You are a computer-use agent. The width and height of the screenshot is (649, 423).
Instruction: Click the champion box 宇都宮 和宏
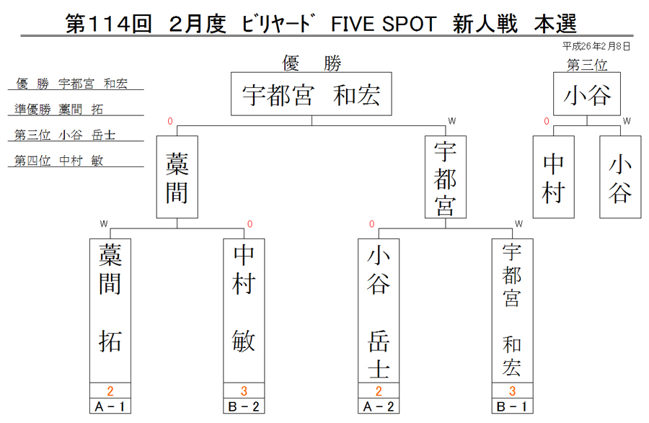click(312, 94)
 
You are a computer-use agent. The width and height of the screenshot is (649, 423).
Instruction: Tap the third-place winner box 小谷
click(587, 94)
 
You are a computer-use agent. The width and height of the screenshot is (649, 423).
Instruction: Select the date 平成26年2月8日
click(596, 46)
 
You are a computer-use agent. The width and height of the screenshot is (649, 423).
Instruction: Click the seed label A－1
click(110, 406)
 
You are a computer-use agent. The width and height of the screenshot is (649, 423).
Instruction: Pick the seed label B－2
click(244, 406)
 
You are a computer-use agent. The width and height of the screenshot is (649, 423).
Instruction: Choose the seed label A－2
click(379, 406)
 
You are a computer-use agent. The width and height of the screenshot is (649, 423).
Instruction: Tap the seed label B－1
click(513, 406)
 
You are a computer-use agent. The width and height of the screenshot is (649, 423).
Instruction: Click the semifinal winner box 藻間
click(177, 177)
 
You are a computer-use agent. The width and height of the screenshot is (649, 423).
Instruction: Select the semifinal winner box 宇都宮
click(446, 177)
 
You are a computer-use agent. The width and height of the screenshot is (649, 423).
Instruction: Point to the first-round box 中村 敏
click(244, 311)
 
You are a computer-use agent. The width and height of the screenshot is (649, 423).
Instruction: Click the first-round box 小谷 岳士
click(379, 311)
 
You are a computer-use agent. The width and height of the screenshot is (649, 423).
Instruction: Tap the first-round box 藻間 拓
click(110, 311)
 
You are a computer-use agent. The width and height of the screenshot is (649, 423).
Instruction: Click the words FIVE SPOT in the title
click(384, 24)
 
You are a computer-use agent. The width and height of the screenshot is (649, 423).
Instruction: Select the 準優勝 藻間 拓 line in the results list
click(58, 109)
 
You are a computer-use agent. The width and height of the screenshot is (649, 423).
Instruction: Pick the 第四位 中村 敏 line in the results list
click(58, 161)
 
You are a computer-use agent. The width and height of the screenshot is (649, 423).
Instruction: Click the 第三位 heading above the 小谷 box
click(587, 65)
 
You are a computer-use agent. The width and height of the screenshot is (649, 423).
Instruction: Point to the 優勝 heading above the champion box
click(312, 63)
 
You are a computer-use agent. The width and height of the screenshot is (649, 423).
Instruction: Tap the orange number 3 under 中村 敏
click(244, 391)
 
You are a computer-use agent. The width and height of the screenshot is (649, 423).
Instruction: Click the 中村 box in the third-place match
click(553, 177)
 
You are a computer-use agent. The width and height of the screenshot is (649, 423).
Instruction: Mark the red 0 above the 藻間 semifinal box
click(169, 121)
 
